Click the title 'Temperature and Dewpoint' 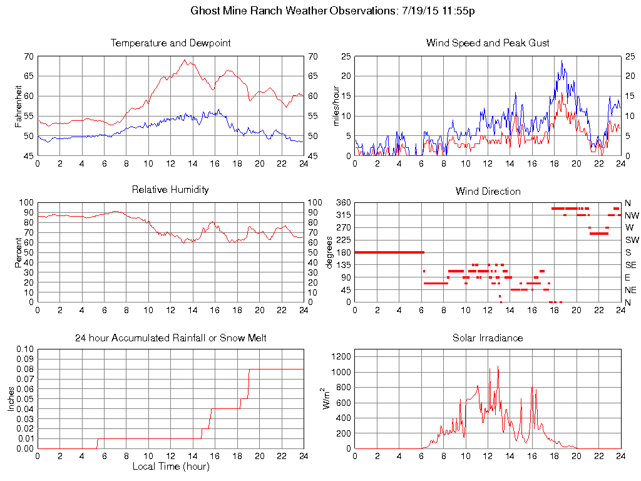(170, 43)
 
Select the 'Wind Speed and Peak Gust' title (488, 43)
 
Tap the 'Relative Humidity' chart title (170, 189)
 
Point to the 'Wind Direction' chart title (488, 191)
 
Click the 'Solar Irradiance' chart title (488, 338)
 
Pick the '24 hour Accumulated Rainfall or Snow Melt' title (170, 338)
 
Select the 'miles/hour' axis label (336, 106)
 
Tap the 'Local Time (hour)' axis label (170, 467)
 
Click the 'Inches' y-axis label (11, 398)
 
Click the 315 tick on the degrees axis (343, 215)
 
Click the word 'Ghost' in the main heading (205, 11)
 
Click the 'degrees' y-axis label (330, 252)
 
